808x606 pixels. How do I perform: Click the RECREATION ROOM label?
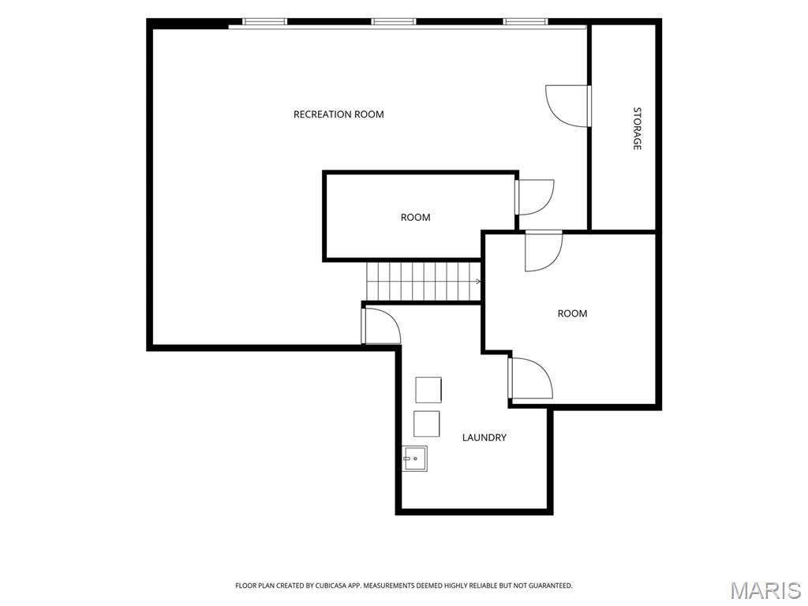(x=339, y=114)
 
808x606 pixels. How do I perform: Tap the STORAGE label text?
(x=637, y=129)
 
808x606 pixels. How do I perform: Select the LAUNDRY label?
(x=484, y=437)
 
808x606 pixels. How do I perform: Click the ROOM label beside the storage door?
(x=415, y=218)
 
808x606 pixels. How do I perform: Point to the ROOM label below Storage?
(x=572, y=313)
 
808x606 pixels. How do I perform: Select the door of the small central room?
(x=534, y=196)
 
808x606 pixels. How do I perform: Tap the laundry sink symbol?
(x=415, y=458)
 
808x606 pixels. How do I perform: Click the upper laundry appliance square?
(x=428, y=390)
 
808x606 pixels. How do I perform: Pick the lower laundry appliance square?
(x=427, y=424)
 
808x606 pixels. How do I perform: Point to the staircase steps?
(x=424, y=282)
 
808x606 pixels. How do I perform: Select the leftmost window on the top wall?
(x=264, y=21)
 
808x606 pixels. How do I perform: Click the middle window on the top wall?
(x=393, y=21)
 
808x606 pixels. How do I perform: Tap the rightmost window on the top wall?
(x=525, y=21)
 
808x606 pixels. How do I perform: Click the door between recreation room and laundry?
(x=381, y=326)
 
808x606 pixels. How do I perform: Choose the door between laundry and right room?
(x=530, y=378)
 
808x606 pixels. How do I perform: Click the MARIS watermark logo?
(x=765, y=590)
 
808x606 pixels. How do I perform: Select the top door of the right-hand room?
(x=544, y=251)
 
